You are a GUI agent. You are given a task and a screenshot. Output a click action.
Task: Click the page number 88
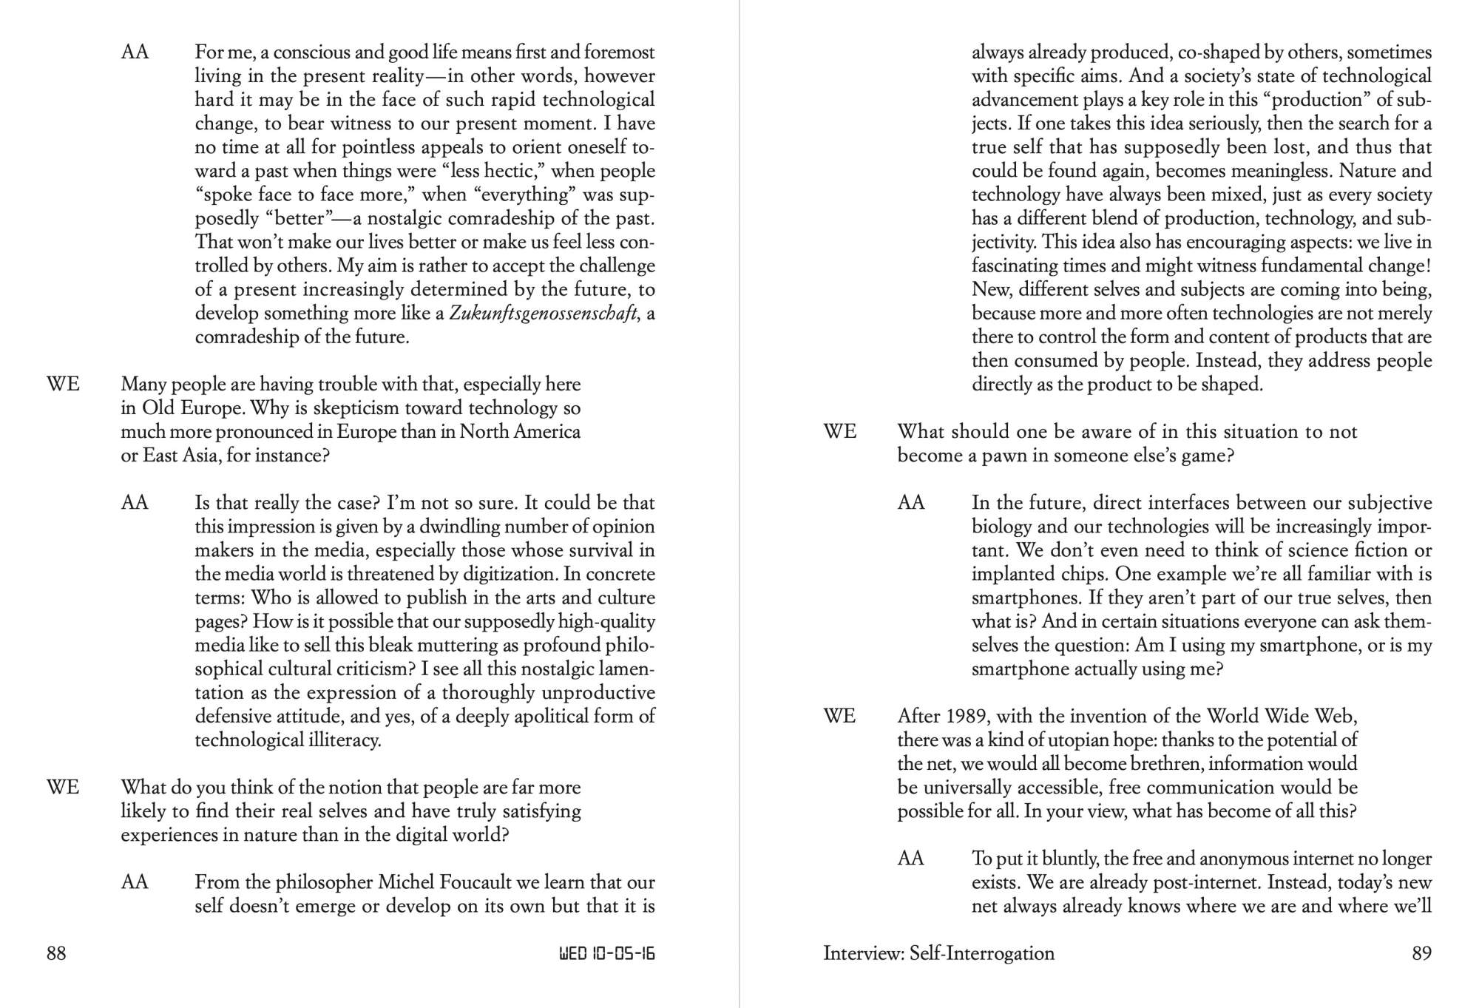click(x=56, y=953)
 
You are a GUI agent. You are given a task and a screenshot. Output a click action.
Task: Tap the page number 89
click(x=1421, y=953)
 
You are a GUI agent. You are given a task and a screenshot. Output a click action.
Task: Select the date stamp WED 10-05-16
click(x=606, y=953)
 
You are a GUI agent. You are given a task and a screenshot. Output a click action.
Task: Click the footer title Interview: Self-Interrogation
click(x=938, y=953)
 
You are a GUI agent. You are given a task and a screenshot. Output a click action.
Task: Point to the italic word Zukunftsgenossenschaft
click(x=543, y=314)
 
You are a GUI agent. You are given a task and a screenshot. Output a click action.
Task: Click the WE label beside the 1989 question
click(x=839, y=717)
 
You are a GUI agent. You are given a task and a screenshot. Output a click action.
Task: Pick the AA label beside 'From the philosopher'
click(x=135, y=882)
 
